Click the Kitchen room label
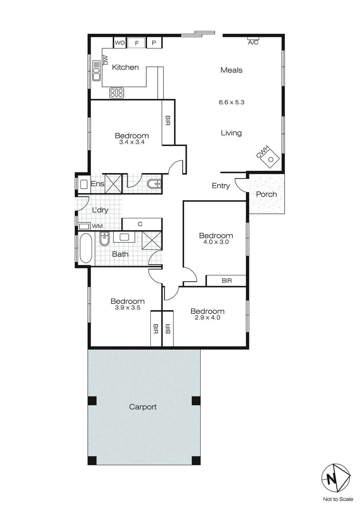[x=125, y=67]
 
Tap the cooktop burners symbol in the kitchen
[x=117, y=93]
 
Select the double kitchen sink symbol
[x=96, y=71]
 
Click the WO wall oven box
[x=120, y=43]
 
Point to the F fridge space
[x=137, y=43]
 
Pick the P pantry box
[x=154, y=43]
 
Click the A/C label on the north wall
[x=253, y=42]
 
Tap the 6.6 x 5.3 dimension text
[x=232, y=102]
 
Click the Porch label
[x=267, y=194]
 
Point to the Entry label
[x=221, y=186]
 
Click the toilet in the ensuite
[x=155, y=184]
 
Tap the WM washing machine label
[x=97, y=226]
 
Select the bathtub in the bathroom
[x=86, y=248]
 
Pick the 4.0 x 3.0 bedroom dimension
[x=216, y=242]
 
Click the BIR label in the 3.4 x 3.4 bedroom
[x=168, y=121]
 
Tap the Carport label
[x=143, y=407]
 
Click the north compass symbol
[x=336, y=478]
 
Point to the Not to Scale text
[x=338, y=499]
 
